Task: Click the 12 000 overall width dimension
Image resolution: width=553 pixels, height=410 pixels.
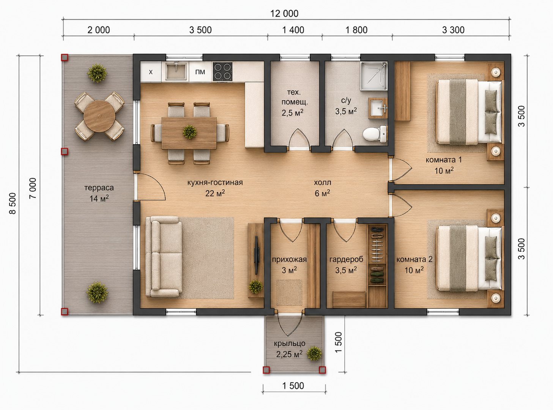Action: (284, 14)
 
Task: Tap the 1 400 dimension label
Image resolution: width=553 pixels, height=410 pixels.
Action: (293, 30)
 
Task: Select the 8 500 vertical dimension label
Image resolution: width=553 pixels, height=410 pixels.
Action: (13, 203)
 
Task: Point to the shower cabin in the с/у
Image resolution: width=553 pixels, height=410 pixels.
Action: (373, 76)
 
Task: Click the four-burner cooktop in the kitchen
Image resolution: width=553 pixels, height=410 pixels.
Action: (222, 72)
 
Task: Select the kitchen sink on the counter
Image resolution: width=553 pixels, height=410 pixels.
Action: (176, 72)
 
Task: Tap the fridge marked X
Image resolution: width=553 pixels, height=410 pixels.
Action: (151, 72)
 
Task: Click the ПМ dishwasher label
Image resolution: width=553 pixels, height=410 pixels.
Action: (200, 72)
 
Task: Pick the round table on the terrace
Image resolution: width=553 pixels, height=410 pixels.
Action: (99, 116)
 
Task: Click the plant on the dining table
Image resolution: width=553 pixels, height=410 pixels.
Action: (189, 132)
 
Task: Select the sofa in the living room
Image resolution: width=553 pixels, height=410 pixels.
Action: (164, 256)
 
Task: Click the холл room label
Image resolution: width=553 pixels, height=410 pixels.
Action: (322, 183)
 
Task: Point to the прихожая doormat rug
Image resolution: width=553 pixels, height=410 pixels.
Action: (289, 292)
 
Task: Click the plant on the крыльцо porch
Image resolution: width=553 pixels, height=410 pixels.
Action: (314, 353)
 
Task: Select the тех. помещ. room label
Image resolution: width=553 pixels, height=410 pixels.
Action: (294, 97)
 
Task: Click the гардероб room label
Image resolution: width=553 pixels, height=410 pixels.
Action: (346, 259)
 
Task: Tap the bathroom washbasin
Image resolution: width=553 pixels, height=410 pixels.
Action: (378, 108)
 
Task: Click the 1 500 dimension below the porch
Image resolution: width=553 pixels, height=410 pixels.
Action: (293, 386)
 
